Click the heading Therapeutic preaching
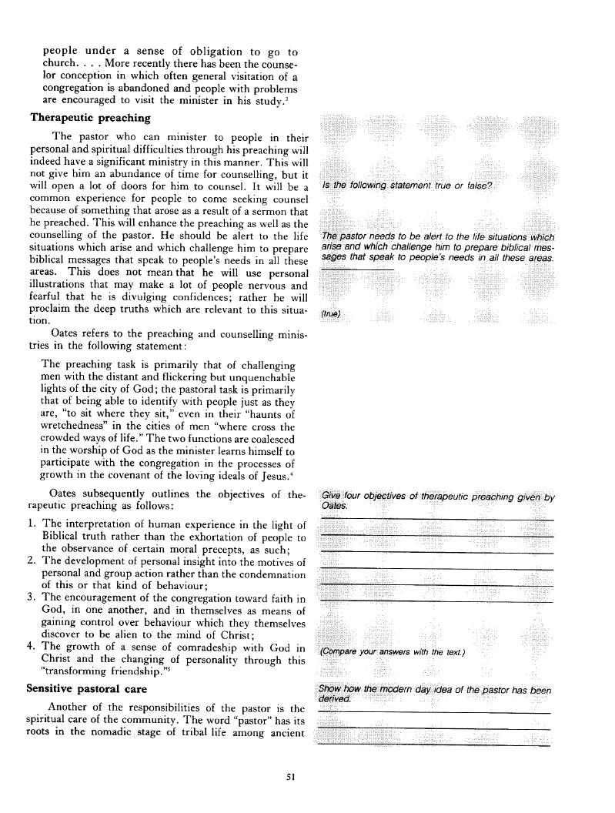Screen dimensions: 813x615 (x=90, y=119)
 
